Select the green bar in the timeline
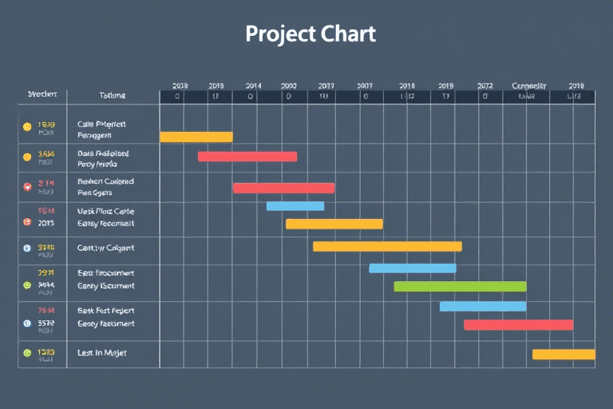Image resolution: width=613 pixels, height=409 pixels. [460, 286]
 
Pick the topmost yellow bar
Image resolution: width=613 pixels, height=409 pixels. [196, 137]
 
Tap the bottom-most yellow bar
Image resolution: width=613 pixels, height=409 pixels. [564, 354]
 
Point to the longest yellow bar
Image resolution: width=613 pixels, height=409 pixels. [387, 246]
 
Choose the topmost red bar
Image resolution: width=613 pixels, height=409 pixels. [247, 157]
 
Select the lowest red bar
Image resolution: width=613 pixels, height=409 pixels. [518, 324]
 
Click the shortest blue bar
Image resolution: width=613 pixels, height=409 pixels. [295, 206]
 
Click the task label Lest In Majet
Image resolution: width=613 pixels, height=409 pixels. [102, 352]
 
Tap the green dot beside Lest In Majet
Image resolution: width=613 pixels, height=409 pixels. [27, 352]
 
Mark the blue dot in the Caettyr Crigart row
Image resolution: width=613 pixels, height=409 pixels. [27, 248]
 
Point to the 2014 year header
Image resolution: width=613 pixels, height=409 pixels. [253, 85]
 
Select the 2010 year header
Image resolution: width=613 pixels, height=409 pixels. [288, 85]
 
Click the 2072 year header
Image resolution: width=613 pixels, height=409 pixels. [484, 85]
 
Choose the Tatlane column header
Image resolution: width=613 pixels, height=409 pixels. [112, 95]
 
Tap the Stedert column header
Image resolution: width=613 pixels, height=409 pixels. [42, 94]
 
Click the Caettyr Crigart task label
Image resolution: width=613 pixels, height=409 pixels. [105, 248]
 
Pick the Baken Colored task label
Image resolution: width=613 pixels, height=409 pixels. [105, 181]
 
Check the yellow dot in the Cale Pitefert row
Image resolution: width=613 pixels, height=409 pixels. [27, 126]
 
